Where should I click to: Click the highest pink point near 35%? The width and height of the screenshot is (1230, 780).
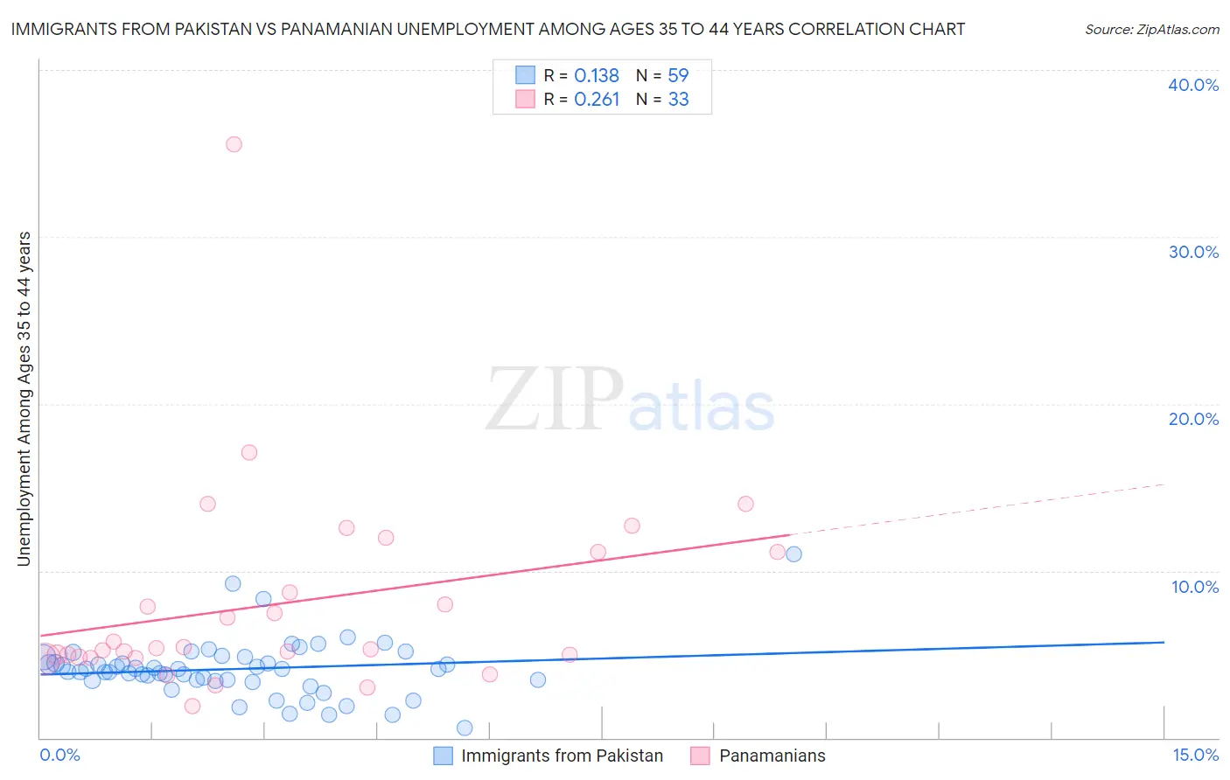point(234,144)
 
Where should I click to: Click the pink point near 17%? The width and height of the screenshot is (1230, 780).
point(249,452)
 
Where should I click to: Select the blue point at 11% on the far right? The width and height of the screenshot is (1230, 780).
point(793,554)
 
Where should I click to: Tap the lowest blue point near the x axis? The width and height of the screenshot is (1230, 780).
point(465,728)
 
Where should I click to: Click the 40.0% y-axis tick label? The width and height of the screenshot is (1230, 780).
point(1193,85)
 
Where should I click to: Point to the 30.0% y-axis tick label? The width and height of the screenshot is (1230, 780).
point(1193,252)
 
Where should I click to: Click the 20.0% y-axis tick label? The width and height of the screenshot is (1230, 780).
point(1193,419)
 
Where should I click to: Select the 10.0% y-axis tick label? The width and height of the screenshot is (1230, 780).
point(1195,587)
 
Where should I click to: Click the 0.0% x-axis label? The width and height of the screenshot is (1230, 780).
point(59,755)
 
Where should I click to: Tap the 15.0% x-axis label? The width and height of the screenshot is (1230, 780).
point(1195,755)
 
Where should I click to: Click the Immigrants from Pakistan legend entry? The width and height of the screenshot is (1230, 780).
point(562,756)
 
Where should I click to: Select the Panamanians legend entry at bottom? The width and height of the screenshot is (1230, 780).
point(772,756)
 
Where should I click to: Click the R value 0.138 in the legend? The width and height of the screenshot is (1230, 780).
point(597,75)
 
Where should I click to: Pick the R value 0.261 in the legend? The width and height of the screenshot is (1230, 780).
point(597,99)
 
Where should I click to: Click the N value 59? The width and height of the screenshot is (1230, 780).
point(678,75)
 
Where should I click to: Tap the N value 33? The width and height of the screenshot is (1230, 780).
point(678,99)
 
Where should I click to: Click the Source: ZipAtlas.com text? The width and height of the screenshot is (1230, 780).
point(1151,29)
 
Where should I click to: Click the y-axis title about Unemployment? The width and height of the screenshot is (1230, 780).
point(24,398)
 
